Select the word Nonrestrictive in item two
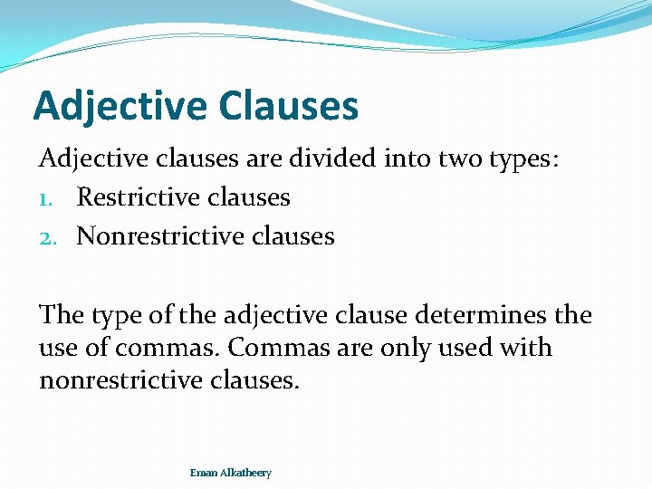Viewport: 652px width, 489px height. click(x=160, y=236)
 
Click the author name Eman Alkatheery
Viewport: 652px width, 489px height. click(x=230, y=473)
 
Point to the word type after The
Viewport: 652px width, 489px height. click(x=117, y=315)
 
